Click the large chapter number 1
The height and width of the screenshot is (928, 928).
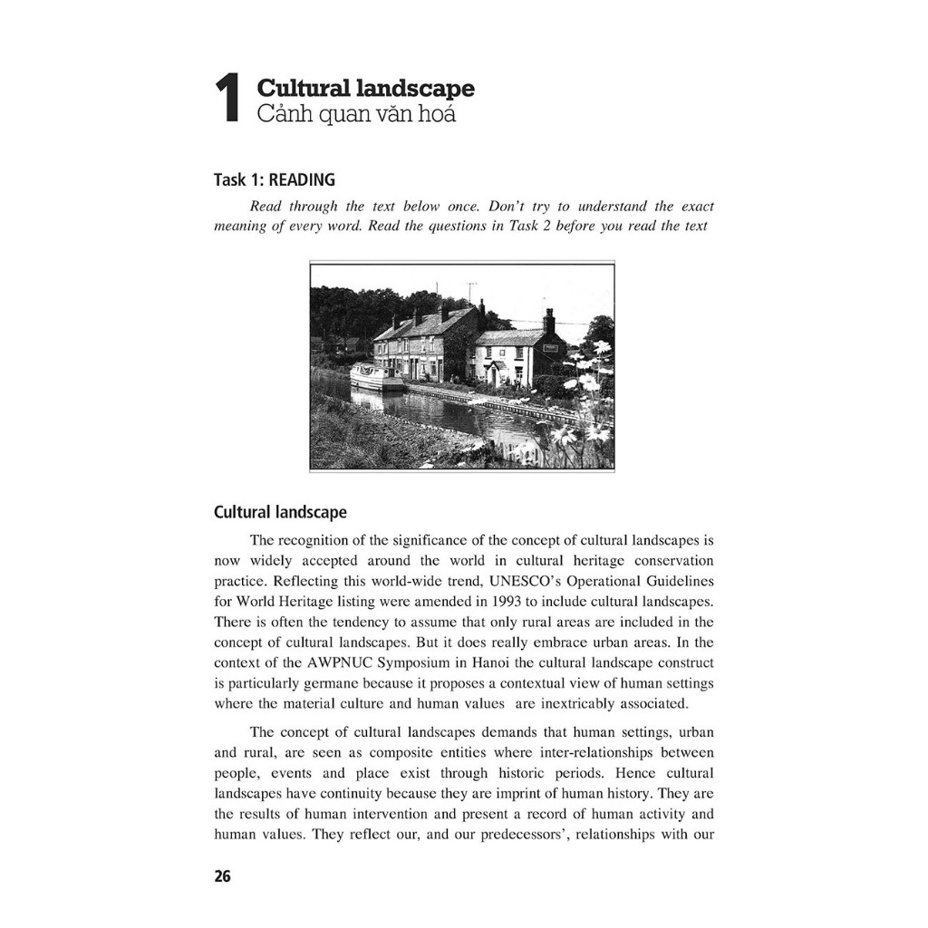tap(227, 99)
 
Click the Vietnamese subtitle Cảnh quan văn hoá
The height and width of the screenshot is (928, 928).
tap(356, 114)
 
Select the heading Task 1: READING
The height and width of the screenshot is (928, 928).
tap(274, 179)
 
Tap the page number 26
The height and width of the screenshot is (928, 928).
tap(222, 876)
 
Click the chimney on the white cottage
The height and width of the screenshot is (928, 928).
tap(548, 320)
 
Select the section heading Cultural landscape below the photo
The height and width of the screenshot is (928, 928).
tap(280, 512)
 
